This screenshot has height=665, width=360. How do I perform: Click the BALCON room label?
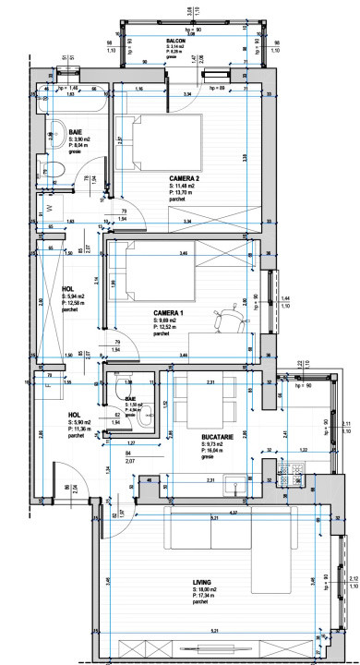(175, 42)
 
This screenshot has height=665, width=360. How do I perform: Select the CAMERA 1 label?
(170, 314)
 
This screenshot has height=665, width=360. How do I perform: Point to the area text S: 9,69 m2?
(171, 322)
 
